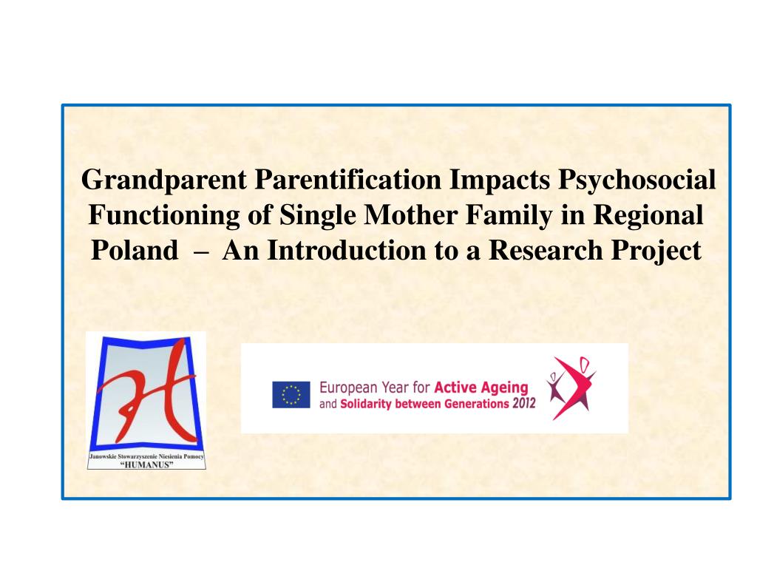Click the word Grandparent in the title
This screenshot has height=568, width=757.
click(164, 180)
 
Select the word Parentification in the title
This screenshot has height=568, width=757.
click(347, 180)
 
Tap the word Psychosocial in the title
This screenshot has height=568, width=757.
click(637, 180)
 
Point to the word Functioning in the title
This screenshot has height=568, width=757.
click(164, 216)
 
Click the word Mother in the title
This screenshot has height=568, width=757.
click(410, 214)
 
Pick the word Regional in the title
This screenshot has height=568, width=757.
click(648, 216)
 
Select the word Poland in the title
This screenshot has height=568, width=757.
click(135, 251)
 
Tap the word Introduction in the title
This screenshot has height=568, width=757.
click(347, 251)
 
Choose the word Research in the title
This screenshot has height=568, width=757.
click(546, 251)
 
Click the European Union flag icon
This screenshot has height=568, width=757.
click(291, 395)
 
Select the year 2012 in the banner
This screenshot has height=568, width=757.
click(524, 403)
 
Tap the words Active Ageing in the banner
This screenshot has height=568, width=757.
click(481, 388)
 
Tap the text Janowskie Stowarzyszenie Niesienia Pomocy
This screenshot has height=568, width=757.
click(147, 456)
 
